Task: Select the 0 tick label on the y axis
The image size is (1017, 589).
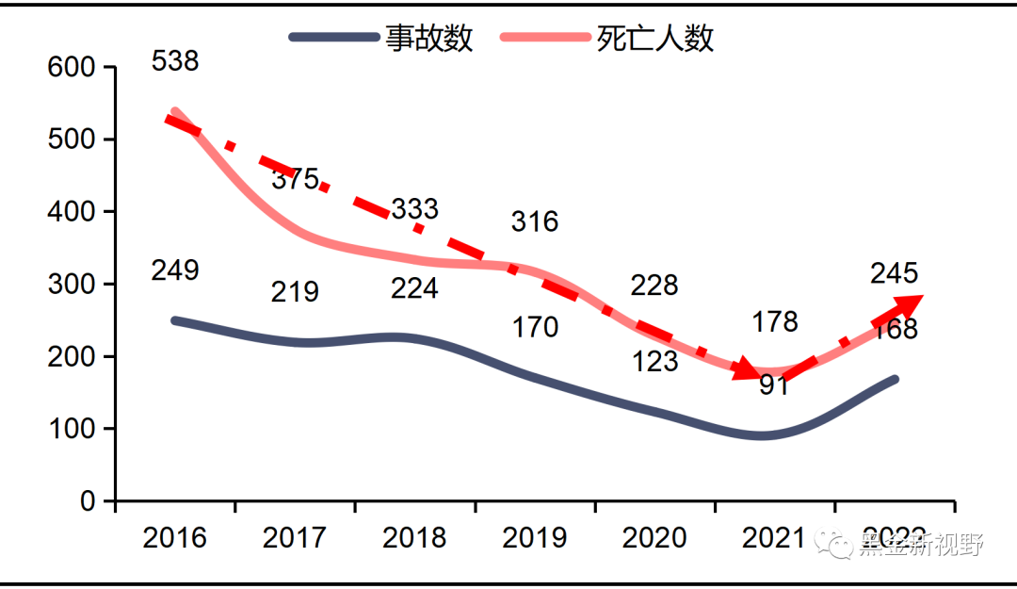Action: coord(88,501)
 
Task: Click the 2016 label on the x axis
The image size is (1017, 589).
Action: coord(174,538)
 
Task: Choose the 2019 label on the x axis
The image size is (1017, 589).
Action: coord(535,538)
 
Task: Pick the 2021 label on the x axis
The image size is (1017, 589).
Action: coord(774,538)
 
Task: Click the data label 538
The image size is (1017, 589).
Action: coord(174,61)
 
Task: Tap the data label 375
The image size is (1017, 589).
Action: coord(295,179)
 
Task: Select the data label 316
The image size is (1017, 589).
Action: coord(535,222)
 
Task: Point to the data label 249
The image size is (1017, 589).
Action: coord(174,270)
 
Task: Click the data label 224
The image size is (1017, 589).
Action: coord(414,288)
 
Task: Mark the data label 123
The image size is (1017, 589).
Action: coord(654,361)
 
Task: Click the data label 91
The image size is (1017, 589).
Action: coord(774,385)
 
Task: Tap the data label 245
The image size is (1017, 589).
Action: coord(894,273)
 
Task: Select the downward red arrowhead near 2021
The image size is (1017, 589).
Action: coord(746,368)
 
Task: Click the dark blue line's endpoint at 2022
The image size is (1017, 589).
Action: coord(894,380)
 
